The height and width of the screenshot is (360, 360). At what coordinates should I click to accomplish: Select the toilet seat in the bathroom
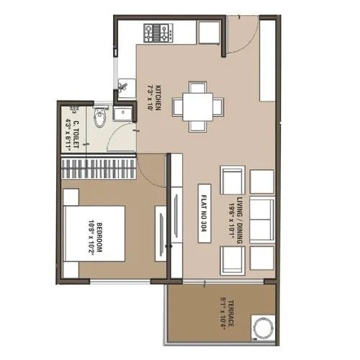[x=100, y=117]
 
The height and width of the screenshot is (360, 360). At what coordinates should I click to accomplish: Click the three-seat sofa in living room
[x=261, y=220]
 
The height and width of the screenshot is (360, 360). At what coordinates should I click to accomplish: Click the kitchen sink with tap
[x=124, y=87]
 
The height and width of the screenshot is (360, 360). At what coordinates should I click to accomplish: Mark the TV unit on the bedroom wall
[x=161, y=232]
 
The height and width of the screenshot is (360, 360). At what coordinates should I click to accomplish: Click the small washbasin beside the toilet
[x=122, y=113]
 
